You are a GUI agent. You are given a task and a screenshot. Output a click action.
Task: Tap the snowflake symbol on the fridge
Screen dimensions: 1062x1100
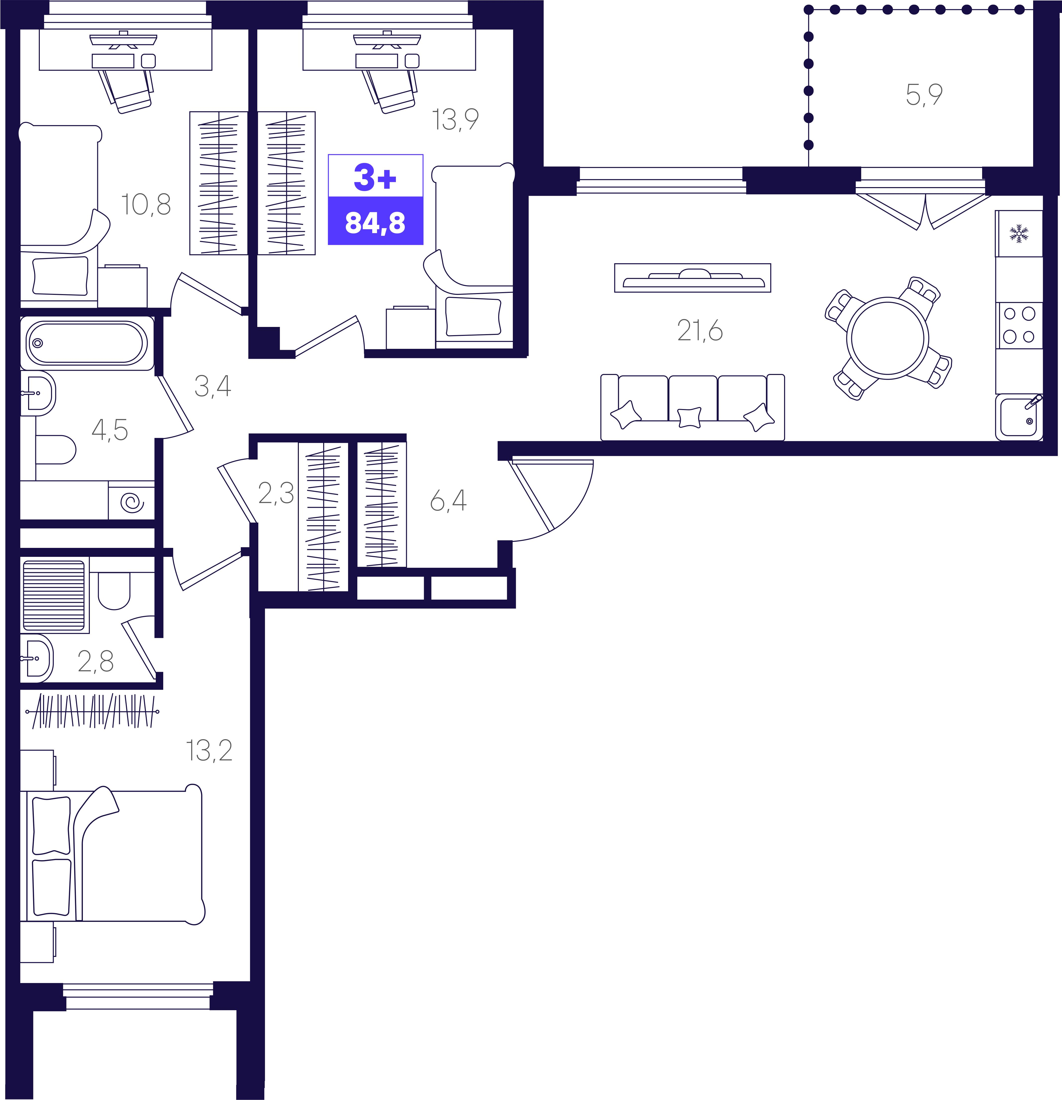coord(1019,233)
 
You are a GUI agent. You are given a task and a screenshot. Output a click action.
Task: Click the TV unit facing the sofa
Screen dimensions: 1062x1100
coord(693,278)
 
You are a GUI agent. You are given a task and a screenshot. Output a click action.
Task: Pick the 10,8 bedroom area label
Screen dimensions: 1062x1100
coord(146,205)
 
